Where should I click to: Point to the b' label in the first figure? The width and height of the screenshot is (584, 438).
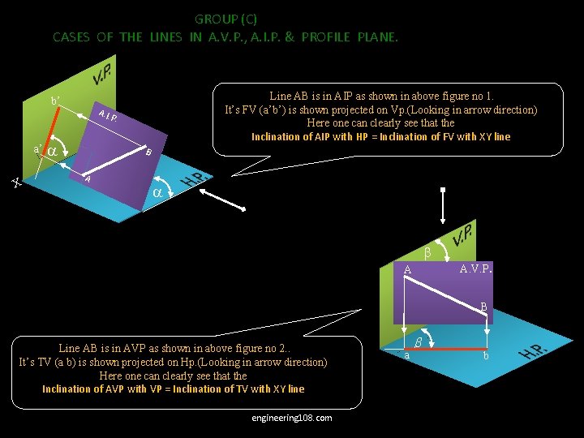click(55, 102)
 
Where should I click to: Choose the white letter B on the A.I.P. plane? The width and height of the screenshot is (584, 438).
click(148, 152)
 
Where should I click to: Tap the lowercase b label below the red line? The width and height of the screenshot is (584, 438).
click(486, 356)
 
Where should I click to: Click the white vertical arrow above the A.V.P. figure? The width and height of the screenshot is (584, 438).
click(442, 207)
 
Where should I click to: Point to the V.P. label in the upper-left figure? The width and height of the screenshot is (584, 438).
click(102, 75)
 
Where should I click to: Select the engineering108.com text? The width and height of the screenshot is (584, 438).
click(292, 417)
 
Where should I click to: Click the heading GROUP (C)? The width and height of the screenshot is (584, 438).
click(225, 19)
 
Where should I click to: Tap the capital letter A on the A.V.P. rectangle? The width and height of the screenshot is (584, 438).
click(408, 270)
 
